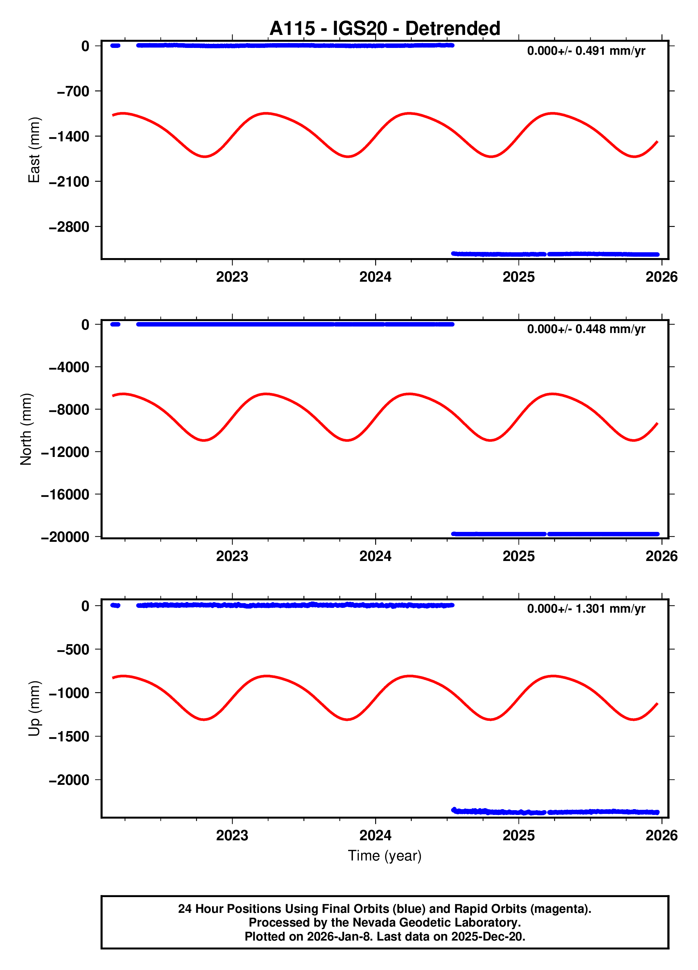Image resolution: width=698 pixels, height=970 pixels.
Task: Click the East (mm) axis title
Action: click(x=34, y=150)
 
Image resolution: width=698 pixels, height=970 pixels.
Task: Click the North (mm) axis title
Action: click(x=26, y=429)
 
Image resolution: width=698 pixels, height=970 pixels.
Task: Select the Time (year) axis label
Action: click(x=384, y=855)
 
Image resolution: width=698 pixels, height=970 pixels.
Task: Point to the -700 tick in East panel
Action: click(x=73, y=91)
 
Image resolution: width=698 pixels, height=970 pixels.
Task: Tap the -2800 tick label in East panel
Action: click(x=69, y=227)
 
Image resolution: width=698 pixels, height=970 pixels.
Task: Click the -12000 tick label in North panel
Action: click(x=65, y=452)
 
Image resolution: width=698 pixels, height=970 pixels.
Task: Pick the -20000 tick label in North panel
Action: click(x=65, y=537)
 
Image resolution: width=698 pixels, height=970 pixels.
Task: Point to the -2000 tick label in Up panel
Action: click(x=69, y=780)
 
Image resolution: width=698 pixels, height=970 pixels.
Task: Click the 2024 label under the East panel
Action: click(x=375, y=277)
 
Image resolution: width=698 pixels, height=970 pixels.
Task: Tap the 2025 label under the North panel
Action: click(x=518, y=556)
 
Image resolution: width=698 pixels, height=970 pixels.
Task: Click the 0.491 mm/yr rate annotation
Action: click(x=585, y=51)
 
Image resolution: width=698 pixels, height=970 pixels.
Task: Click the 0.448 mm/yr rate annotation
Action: click(x=585, y=329)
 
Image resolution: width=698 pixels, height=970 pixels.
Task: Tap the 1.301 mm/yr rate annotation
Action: click(x=585, y=608)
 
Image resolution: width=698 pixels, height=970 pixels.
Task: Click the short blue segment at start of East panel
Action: click(x=115, y=45)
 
